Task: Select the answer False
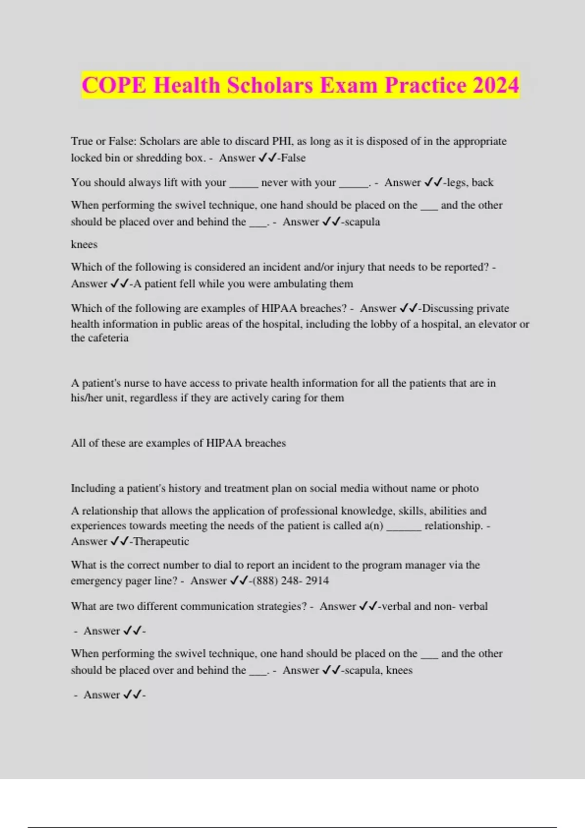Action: point(293,158)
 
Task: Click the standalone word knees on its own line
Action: point(84,244)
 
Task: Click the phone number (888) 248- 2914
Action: point(291,581)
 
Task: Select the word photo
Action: point(465,488)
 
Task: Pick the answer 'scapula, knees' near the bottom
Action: point(378,670)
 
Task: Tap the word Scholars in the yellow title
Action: point(270,85)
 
